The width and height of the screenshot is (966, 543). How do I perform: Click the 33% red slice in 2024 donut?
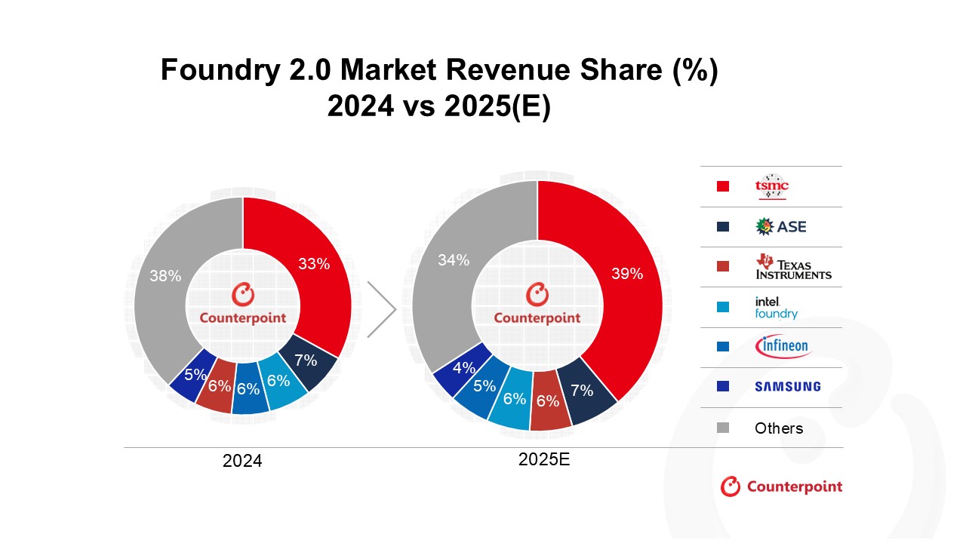pos(313,264)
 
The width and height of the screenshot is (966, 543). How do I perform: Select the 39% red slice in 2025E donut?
pos(626,274)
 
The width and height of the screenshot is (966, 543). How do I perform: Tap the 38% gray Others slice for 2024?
pos(166,276)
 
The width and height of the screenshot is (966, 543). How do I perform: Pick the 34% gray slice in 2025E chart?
pos(454,260)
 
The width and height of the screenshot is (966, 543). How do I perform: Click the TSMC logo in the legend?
pos(771,187)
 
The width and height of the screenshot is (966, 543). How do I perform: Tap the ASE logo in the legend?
pos(780,226)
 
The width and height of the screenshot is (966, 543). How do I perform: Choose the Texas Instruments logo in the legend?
pos(793,267)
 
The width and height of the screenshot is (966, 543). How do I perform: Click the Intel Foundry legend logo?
pos(776,307)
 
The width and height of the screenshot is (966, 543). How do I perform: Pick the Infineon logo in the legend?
pos(782,347)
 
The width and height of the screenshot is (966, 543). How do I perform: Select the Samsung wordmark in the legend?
pos(787,387)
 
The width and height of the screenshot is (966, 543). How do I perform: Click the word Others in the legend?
pos(779,428)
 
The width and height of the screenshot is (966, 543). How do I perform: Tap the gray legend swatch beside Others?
pos(723,428)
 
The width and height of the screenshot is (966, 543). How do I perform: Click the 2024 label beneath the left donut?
pos(242,461)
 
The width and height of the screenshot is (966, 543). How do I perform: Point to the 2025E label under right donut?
pos(543,459)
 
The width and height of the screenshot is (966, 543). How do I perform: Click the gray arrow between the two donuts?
pos(383,309)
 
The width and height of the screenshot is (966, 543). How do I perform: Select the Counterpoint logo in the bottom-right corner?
pos(781,486)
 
